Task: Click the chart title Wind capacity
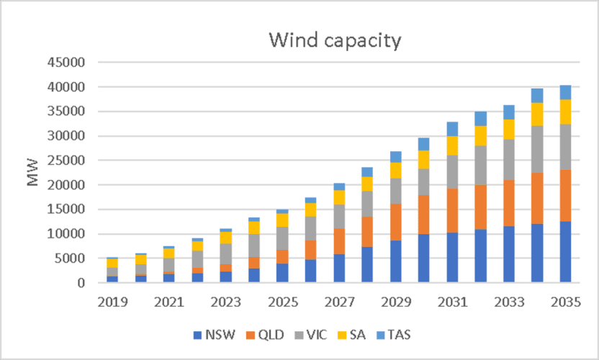click(x=335, y=40)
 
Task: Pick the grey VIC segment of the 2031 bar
click(x=452, y=172)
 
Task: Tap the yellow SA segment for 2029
click(x=395, y=170)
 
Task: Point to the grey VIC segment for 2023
click(x=226, y=254)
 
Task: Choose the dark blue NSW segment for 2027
click(x=338, y=268)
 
